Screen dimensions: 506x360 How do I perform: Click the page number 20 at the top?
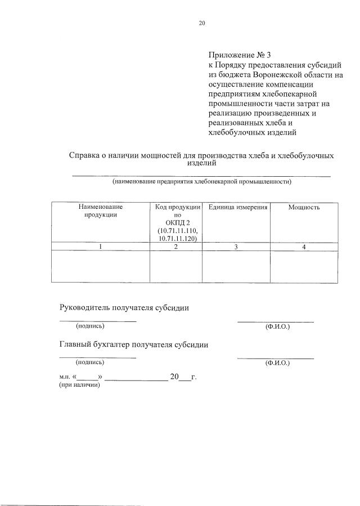click(x=202, y=23)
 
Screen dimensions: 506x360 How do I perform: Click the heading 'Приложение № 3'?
click(x=239, y=55)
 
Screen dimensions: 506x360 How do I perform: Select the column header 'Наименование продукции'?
click(x=100, y=211)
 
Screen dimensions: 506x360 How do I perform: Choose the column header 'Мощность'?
click(x=304, y=207)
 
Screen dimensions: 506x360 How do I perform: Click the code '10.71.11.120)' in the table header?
click(x=175, y=238)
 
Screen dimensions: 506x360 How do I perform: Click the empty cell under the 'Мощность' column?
click(x=304, y=267)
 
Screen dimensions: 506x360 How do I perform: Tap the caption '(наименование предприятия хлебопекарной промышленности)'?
click(x=201, y=182)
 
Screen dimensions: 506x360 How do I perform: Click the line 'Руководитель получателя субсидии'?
click(x=124, y=307)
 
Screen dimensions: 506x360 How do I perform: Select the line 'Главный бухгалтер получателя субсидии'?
click(x=134, y=345)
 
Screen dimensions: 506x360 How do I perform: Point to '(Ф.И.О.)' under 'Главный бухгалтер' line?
click(x=277, y=364)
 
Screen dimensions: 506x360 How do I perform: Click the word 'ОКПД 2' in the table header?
click(x=175, y=223)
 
